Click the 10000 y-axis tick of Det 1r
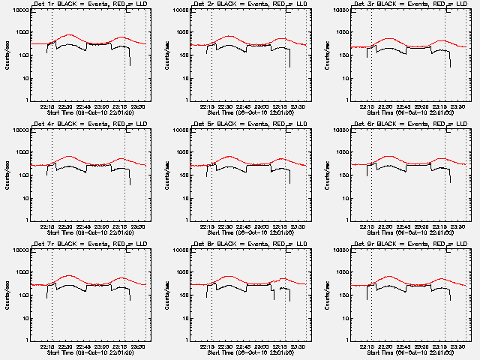coord(18,10)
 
